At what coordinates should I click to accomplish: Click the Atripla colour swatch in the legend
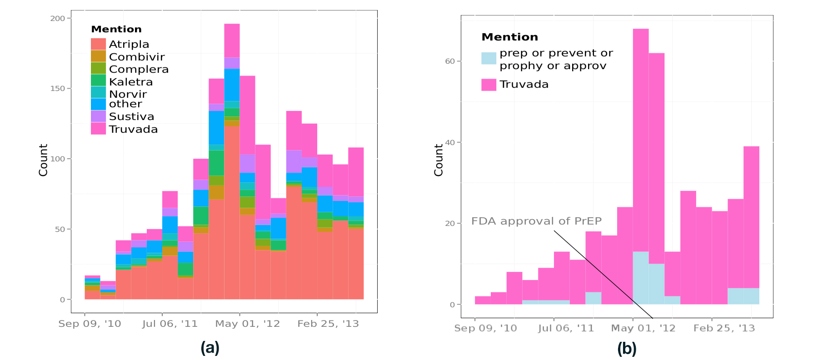point(98,44)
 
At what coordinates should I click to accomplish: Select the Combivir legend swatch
point(98,56)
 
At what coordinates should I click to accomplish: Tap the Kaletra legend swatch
point(98,81)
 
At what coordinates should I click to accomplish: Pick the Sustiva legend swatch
point(98,116)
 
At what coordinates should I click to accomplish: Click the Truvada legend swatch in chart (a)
point(98,129)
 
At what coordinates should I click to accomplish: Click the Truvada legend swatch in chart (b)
point(489,85)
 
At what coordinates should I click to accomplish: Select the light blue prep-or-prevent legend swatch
point(489,58)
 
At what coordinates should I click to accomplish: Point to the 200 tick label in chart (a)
point(58,18)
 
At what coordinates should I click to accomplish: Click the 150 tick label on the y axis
point(58,88)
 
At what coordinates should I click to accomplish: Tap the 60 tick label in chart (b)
point(449,61)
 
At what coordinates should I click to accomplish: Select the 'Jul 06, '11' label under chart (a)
point(170,324)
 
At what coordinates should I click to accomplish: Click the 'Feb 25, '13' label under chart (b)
point(724,328)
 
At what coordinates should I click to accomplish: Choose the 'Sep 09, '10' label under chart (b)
point(485,328)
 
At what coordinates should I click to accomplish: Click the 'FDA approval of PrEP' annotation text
point(536,221)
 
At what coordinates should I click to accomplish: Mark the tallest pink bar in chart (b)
point(640,136)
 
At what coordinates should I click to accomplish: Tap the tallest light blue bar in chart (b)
point(640,278)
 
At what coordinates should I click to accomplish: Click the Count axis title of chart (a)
point(43,160)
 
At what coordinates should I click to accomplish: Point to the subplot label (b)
point(627,349)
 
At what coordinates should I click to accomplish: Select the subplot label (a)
point(210,348)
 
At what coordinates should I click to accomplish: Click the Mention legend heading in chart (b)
point(509,37)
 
